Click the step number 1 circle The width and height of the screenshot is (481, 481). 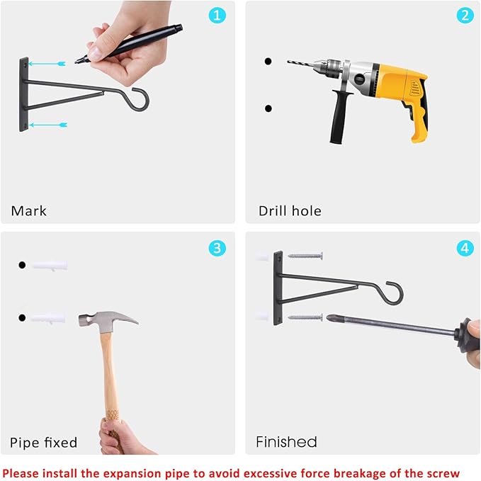tap(217, 16)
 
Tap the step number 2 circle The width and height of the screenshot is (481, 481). tap(465, 16)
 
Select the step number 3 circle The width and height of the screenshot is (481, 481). tap(217, 248)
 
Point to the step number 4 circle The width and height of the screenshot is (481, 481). tap(465, 248)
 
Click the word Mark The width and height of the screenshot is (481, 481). tap(29, 211)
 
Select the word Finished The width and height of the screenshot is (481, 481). tap(286, 442)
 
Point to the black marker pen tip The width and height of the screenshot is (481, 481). tap(76, 62)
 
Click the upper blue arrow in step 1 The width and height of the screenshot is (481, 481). tap(47, 64)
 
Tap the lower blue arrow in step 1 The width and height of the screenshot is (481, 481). tap(48, 125)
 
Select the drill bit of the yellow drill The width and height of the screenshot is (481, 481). tap(300, 64)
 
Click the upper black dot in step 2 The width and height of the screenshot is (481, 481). tap(268, 62)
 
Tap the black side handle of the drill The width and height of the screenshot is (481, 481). tap(340, 117)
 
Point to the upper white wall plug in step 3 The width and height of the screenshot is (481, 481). tap(49, 266)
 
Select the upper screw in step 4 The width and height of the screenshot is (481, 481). tap(305, 256)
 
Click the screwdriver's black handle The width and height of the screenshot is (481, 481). tap(467, 335)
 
